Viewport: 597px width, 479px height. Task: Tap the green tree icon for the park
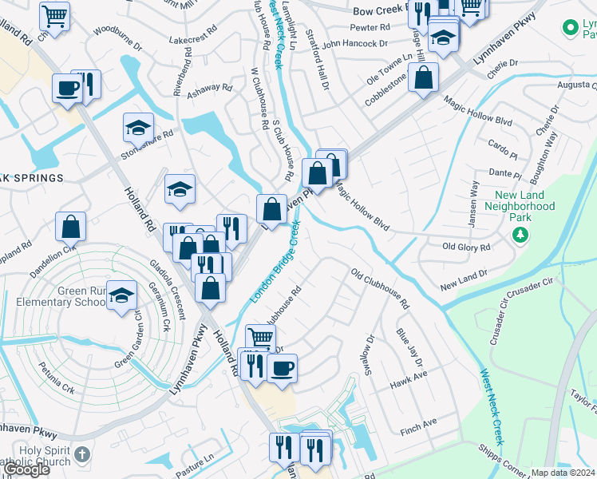520,234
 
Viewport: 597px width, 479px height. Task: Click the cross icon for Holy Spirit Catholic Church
81,455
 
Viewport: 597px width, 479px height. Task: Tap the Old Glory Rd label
466,247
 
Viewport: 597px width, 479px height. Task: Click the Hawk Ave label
409,378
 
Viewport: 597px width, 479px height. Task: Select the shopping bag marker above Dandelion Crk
71,227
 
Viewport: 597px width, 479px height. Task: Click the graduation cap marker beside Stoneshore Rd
138,128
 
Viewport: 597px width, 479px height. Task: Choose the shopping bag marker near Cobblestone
425,78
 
